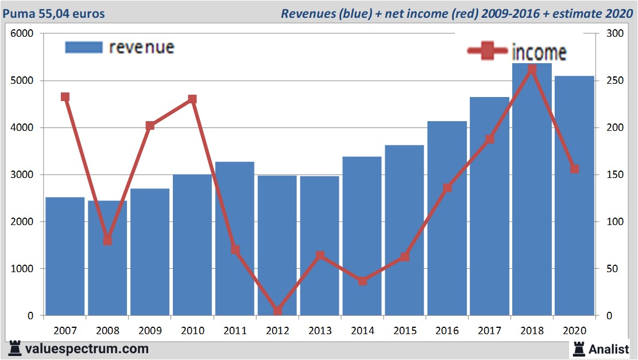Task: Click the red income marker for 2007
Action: tap(65, 97)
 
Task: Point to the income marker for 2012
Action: tap(277, 311)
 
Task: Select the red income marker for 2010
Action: tap(192, 99)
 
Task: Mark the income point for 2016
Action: tap(447, 188)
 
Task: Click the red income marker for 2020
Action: tap(574, 169)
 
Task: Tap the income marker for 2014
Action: tap(362, 281)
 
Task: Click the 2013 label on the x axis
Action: tap(320, 331)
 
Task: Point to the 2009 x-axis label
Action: tap(150, 331)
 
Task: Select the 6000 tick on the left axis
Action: tap(23, 34)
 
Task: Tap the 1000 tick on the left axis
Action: tap(23, 269)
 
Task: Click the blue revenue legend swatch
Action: tap(83, 47)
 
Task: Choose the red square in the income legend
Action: tap(488, 51)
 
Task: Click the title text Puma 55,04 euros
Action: tap(55, 13)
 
